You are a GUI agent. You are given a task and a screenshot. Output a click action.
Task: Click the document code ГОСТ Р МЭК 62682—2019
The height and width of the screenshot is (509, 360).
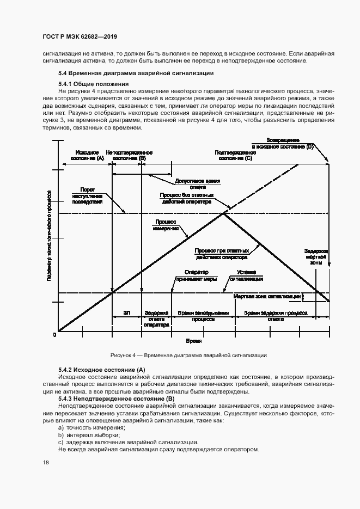pyautogui.click(x=80, y=37)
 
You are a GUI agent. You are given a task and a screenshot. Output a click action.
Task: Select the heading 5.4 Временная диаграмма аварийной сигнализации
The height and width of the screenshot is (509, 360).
pyautogui.click(x=136, y=73)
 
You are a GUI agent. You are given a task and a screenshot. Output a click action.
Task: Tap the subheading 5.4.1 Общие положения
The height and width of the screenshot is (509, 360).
pyautogui.click(x=93, y=84)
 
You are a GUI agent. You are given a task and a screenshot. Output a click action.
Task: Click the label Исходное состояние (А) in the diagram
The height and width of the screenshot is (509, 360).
pyautogui.click(x=87, y=155)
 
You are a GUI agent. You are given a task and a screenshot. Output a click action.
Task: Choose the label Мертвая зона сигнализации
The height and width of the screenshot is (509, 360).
pyautogui.click(x=267, y=297)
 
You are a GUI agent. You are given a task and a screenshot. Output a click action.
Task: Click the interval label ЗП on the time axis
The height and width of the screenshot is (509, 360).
pyautogui.click(x=126, y=313)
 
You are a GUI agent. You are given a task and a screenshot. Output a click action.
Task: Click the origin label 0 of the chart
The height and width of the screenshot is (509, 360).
pyautogui.click(x=54, y=335)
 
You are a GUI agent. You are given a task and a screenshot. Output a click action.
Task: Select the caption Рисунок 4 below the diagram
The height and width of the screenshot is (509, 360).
pyautogui.click(x=188, y=354)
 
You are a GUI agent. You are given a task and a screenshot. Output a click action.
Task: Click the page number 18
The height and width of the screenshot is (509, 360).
pyautogui.click(x=46, y=462)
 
